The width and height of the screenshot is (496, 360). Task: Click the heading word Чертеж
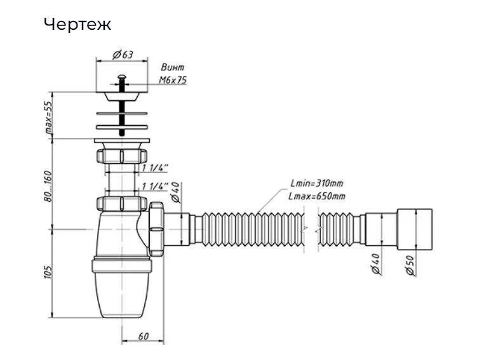point(77,24)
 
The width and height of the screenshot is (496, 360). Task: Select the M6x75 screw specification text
point(172,81)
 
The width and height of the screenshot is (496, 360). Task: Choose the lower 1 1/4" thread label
point(154,186)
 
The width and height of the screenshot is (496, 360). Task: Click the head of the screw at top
point(121,78)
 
